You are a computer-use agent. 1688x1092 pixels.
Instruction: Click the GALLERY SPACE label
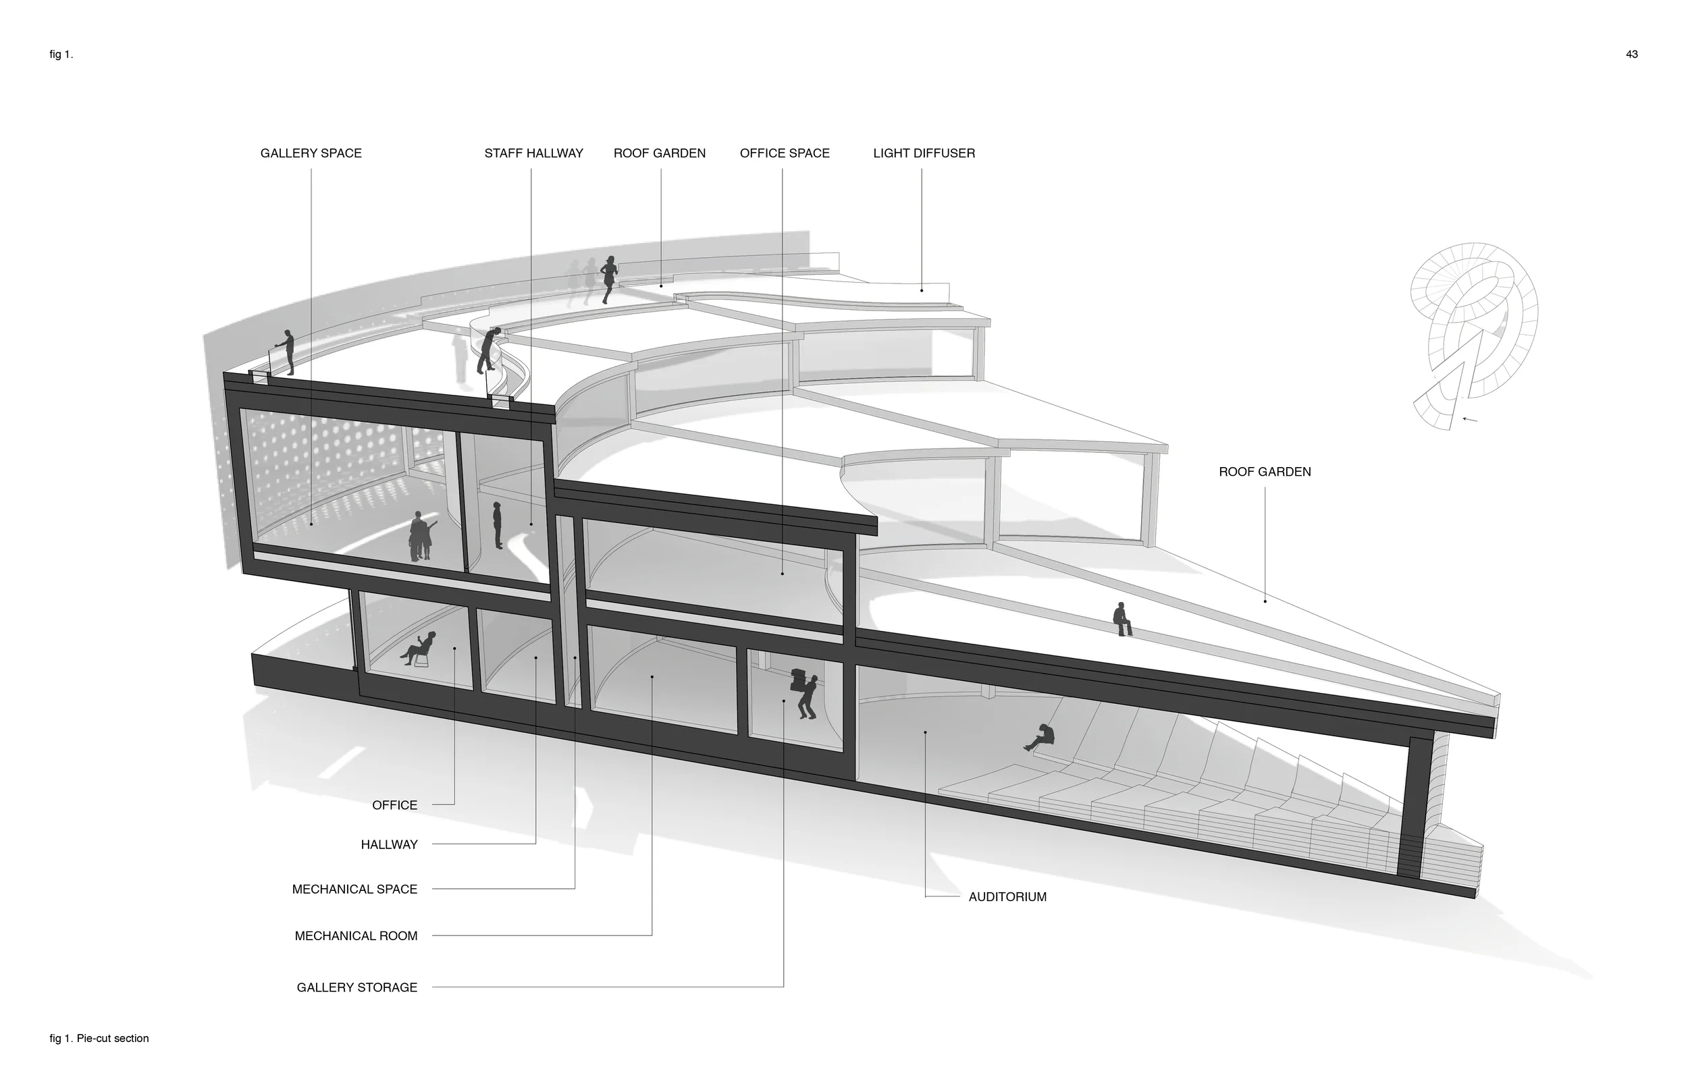point(311,153)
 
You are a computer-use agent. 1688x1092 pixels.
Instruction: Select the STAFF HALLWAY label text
point(533,153)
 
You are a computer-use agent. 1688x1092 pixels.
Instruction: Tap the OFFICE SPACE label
point(785,153)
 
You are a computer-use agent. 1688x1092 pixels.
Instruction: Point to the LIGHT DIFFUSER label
point(924,153)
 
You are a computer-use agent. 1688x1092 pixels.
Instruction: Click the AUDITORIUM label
point(1007,897)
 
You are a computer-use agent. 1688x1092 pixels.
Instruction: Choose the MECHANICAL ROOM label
point(356,936)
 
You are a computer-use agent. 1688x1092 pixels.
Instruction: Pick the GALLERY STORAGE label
point(357,987)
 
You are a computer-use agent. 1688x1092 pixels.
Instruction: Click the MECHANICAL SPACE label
point(354,890)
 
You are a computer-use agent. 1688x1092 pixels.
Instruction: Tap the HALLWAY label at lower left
point(390,844)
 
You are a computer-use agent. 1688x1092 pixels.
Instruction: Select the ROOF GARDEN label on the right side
point(1265,472)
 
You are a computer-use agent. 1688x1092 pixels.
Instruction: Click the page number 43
point(1632,55)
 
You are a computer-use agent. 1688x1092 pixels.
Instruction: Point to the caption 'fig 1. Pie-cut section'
point(99,1038)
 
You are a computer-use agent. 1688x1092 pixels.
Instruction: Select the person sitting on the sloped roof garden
point(1122,619)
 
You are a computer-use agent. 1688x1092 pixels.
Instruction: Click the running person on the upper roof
point(608,279)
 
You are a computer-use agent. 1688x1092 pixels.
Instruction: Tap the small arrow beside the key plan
point(1471,420)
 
